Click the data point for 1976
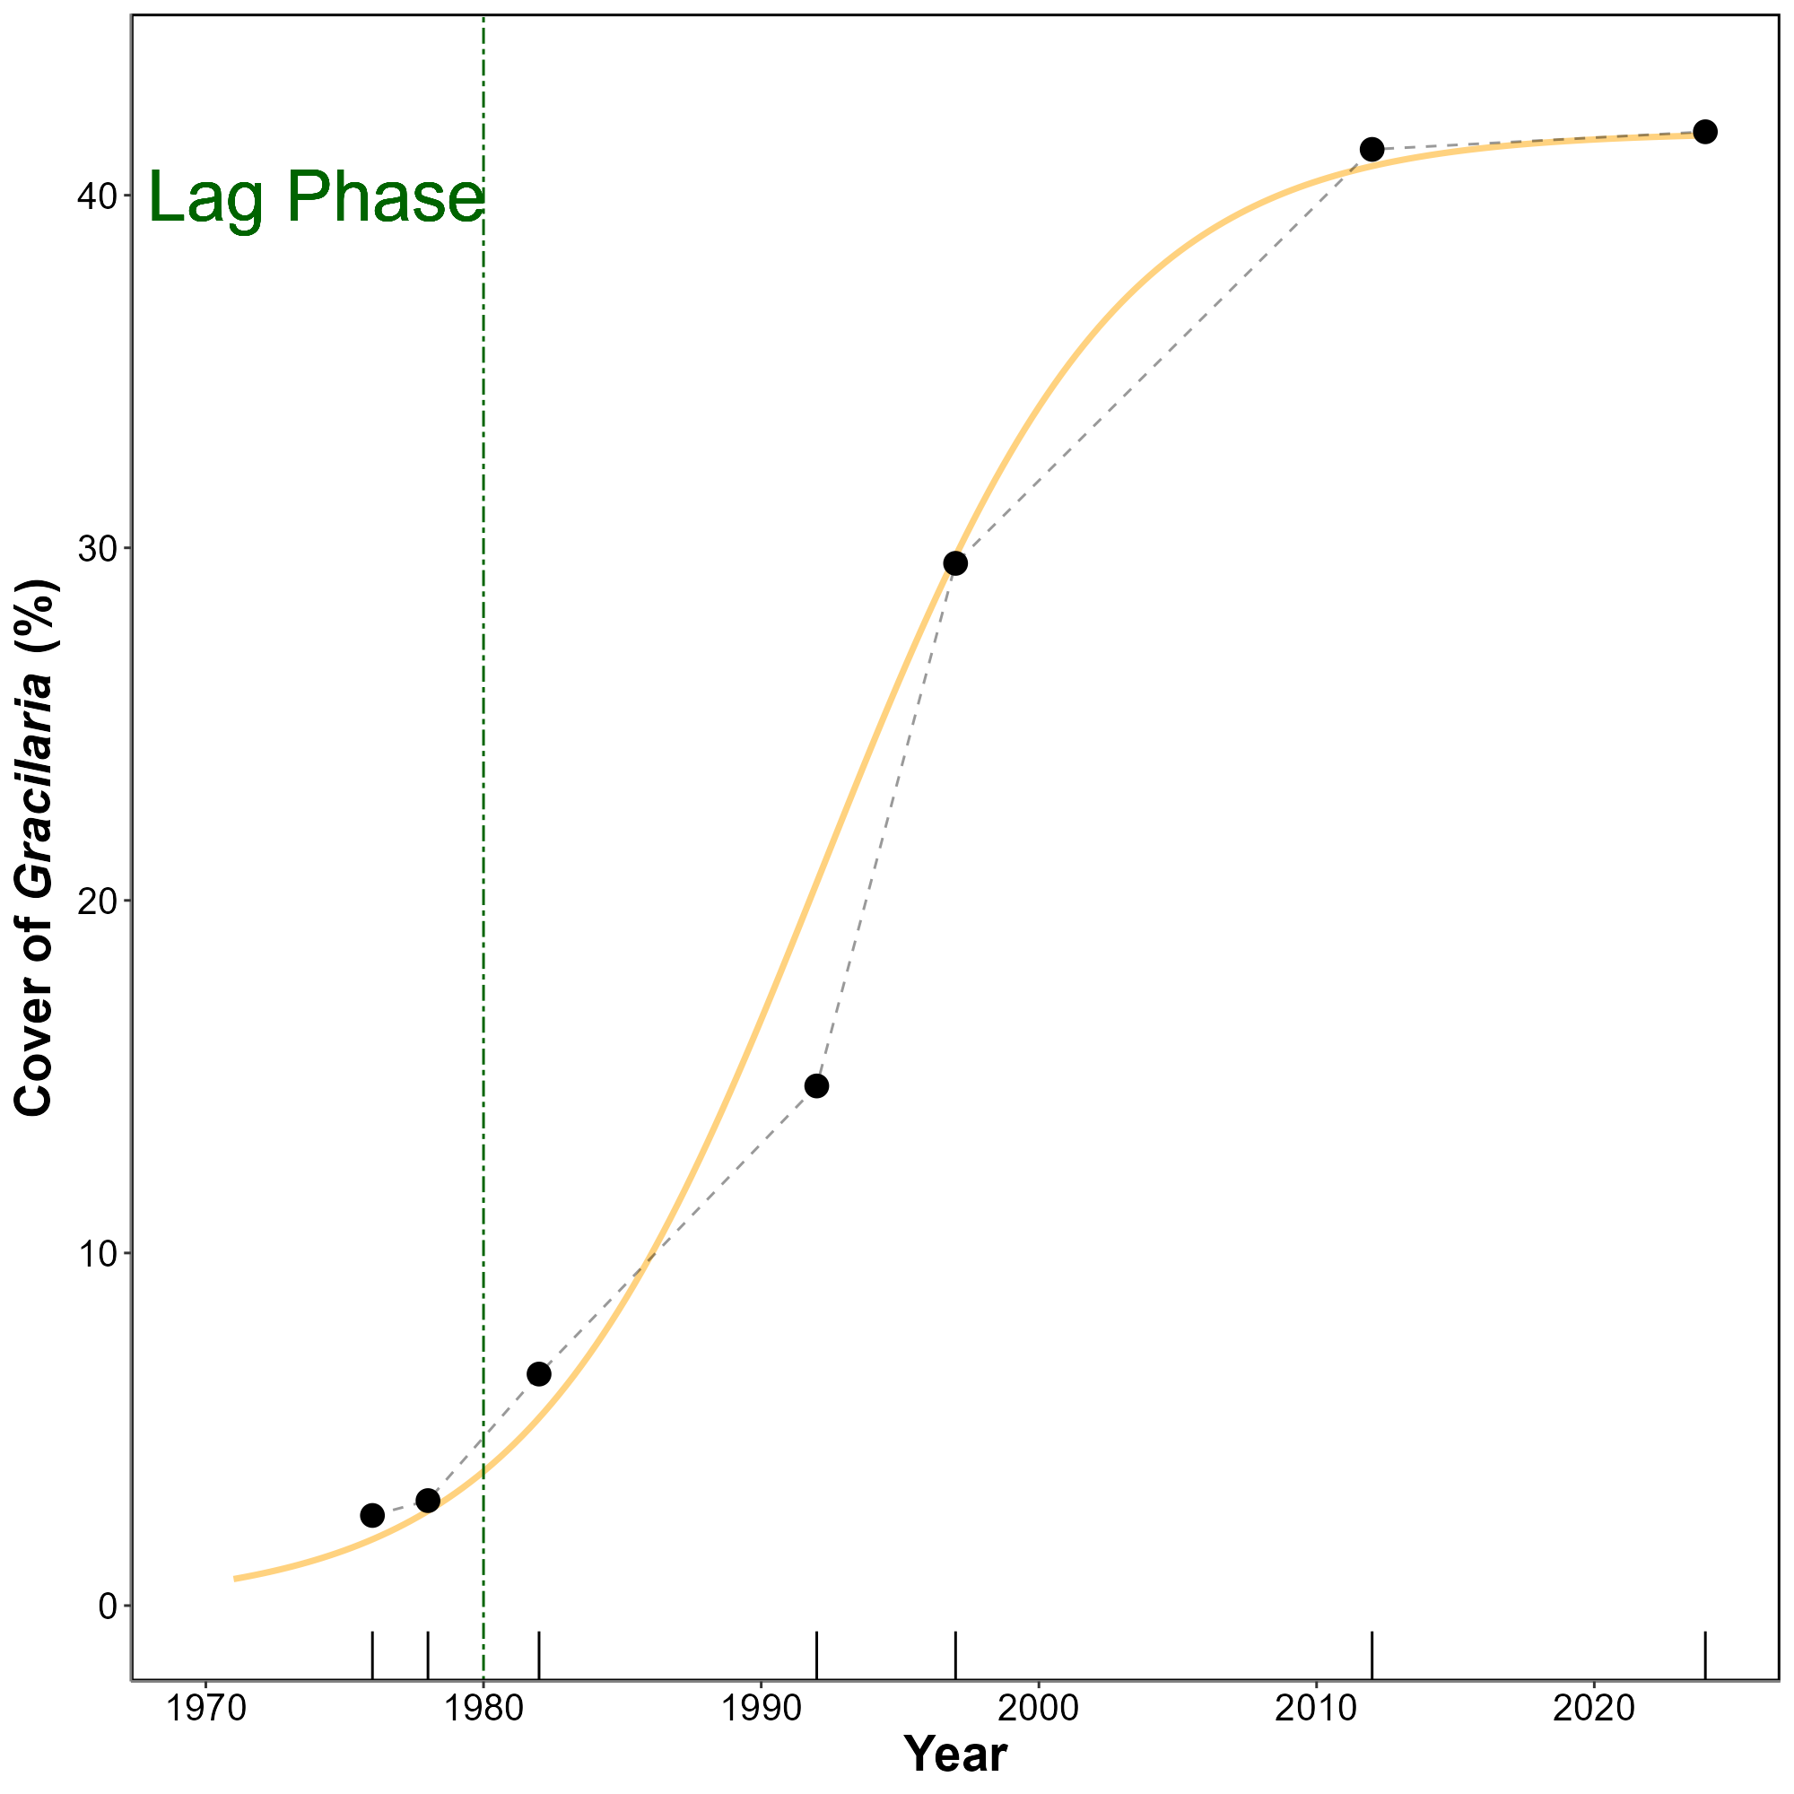(371, 1515)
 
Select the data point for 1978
(427, 1501)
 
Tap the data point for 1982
(538, 1374)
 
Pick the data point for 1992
(816, 1086)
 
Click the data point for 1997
(954, 563)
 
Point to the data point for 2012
(1372, 150)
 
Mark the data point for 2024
(1705, 132)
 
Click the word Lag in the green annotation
(206, 196)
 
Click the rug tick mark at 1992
(816, 1655)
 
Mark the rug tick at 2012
(1372, 1655)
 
